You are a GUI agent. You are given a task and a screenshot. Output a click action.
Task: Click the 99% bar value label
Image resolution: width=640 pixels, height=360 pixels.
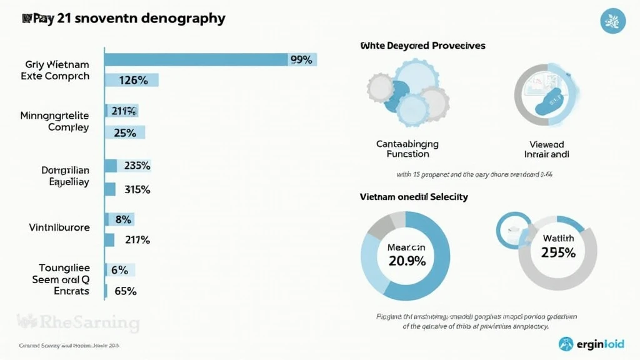[x=301, y=59]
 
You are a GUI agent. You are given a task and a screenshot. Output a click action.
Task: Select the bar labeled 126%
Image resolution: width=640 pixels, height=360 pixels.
[x=132, y=80]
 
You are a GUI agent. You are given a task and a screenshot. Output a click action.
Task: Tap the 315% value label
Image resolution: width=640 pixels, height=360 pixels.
[x=137, y=189]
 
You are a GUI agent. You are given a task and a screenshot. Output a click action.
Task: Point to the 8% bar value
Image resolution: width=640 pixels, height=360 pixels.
[x=122, y=219]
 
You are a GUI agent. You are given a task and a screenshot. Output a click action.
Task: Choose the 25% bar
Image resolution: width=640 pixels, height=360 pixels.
[x=125, y=132]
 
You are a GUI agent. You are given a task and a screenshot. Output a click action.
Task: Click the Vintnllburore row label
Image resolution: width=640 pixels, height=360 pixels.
[x=59, y=227]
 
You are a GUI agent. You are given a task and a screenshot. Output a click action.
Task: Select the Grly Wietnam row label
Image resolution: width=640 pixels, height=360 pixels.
[x=57, y=64]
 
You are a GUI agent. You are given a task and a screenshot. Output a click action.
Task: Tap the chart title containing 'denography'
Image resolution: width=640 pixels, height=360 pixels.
[x=123, y=18]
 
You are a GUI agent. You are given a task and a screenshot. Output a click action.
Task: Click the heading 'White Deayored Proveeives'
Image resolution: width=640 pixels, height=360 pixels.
[x=422, y=46]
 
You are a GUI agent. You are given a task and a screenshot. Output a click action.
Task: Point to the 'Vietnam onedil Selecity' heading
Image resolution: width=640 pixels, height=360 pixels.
[x=414, y=197]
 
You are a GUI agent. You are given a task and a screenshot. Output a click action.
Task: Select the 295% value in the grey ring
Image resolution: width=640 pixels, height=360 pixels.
[x=557, y=252]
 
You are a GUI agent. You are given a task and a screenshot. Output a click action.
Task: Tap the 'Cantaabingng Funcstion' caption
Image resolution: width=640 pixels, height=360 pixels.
[x=407, y=149]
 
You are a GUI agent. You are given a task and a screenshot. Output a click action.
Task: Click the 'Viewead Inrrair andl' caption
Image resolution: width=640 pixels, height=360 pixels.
[x=546, y=149]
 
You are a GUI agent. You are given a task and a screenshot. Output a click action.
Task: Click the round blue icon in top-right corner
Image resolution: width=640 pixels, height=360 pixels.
[x=612, y=21]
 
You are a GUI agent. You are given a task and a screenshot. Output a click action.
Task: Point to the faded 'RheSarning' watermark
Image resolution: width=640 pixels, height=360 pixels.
[x=78, y=322]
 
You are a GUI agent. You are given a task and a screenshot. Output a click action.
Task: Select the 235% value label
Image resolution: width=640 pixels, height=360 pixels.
[x=137, y=166]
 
